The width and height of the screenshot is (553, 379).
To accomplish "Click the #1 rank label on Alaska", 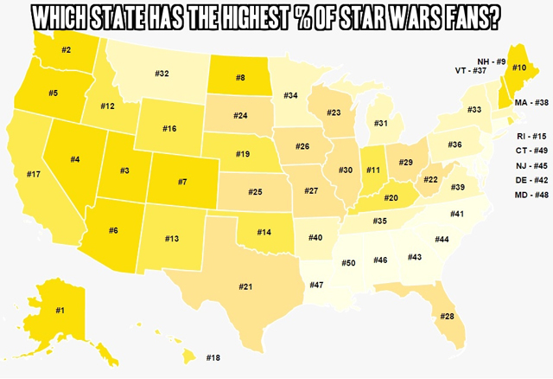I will coord(60,309).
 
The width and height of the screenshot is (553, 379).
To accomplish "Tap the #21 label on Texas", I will coord(245,286).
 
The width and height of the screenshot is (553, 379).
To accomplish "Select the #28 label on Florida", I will coord(447,316).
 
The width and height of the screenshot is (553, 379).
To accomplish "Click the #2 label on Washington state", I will coord(66,50).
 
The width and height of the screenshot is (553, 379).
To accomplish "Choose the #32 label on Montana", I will coord(162,73).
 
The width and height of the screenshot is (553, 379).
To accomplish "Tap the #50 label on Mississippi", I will coord(347,261).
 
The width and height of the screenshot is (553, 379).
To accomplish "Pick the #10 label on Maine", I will coord(519,67).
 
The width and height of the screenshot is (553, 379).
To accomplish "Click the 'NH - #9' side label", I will coord(491,61).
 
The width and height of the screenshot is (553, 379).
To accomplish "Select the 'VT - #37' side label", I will coord(472,71).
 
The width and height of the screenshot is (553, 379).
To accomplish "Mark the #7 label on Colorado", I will coord(181,183).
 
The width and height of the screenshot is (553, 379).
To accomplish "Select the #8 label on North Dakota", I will coord(240,78).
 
